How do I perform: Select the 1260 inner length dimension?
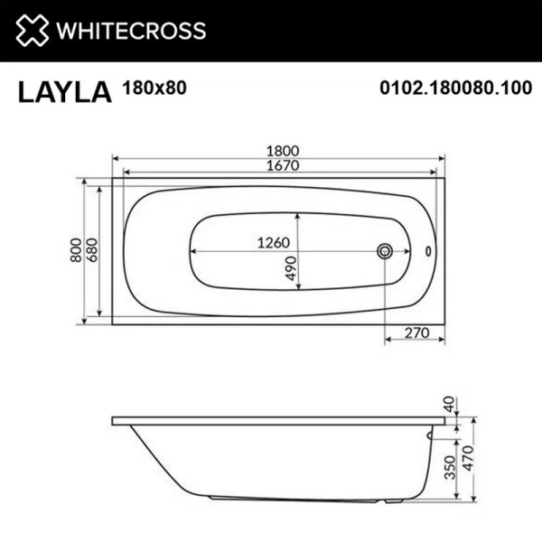(272, 242)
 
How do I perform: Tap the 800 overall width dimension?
(76, 250)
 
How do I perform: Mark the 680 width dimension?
(91, 250)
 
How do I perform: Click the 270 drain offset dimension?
(415, 332)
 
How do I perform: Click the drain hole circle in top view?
(385, 250)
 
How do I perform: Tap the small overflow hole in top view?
(429, 251)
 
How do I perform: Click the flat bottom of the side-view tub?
(298, 497)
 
